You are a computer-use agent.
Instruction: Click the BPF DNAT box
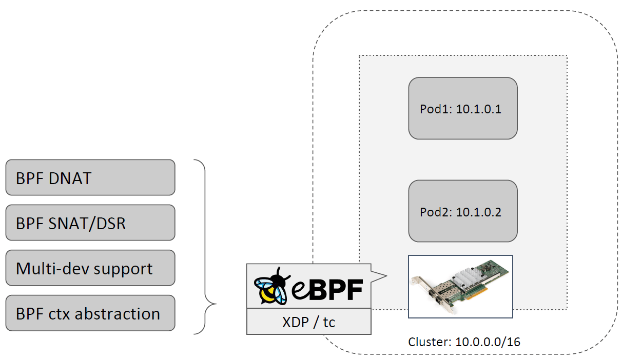coord(90,177)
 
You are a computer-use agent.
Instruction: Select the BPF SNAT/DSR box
coord(90,223)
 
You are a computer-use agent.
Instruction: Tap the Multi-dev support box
coord(90,268)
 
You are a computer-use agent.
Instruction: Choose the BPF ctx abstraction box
coord(90,313)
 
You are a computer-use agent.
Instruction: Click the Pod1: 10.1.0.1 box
coord(462,108)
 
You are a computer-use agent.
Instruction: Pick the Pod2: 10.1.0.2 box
coord(462,211)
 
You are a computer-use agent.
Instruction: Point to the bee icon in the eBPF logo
coord(272,287)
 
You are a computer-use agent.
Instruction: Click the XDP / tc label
coord(308,322)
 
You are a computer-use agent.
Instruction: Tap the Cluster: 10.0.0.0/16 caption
coord(464,342)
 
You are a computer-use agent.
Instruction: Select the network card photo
coord(460,286)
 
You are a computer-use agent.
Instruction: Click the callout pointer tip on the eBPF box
coord(385,277)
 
